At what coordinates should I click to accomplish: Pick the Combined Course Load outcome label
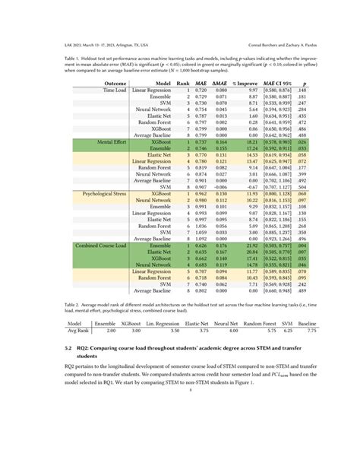click(102, 246)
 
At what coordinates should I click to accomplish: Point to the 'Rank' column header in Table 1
click(183, 82)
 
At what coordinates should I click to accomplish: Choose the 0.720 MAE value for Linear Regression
click(201, 89)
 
